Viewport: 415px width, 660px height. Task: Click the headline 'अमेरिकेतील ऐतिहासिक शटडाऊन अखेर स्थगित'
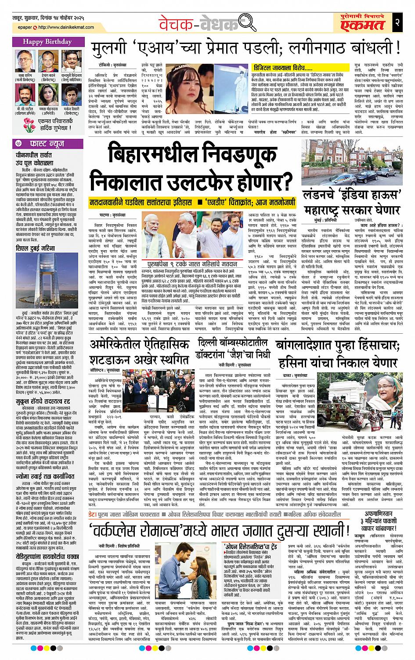point(138,352)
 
